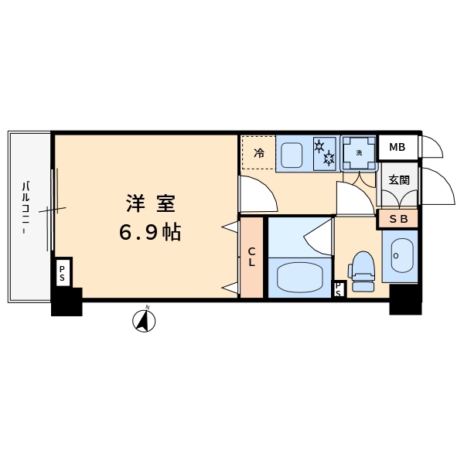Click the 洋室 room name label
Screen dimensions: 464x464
(151, 203)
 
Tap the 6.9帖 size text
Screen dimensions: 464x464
(150, 232)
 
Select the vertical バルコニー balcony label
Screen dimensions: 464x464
(26, 208)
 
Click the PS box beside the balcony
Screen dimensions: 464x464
(62, 273)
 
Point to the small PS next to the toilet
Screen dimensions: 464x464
(339, 289)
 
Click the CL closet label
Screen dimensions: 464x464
(251, 257)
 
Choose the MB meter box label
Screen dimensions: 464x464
(397, 147)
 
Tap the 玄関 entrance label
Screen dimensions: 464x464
(399, 179)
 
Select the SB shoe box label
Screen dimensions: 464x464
(398, 219)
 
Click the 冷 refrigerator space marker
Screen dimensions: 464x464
(258, 153)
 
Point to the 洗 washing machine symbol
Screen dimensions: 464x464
(359, 153)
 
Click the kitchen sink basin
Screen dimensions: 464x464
(292, 155)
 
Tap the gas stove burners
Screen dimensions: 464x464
(324, 153)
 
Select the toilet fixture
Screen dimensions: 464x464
(363, 271)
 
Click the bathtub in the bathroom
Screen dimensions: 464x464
(299, 278)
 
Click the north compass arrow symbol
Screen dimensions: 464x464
(144, 320)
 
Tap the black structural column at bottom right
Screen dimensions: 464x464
(405, 299)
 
